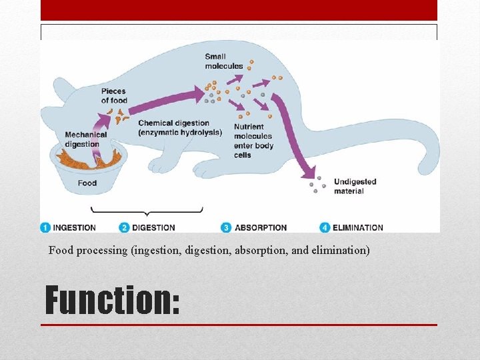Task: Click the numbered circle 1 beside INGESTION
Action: pos(45,227)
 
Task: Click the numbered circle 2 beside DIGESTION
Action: pos(125,227)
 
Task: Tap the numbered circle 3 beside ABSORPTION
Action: pos(227,227)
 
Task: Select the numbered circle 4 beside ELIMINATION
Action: pos(325,227)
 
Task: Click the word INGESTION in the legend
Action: pos(75,227)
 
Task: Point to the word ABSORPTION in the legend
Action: pos(261,227)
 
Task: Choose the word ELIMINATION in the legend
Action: pos(358,227)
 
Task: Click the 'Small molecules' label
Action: pos(224,61)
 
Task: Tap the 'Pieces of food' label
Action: pos(114,96)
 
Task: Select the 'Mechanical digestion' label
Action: pos(85,139)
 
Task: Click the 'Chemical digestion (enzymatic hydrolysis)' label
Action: pos(179,127)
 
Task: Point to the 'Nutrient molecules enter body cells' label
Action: pos(252,141)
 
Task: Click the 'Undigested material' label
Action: pos(355,186)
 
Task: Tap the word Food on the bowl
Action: pos(87,183)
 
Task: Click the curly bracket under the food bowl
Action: pos(147,211)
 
